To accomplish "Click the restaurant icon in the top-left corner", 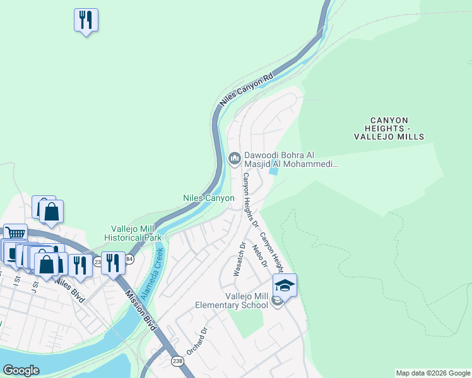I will [x=86, y=20].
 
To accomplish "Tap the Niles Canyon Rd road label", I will [x=246, y=88].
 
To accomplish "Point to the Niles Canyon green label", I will [x=208, y=198].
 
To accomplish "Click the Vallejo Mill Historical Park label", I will [x=136, y=233].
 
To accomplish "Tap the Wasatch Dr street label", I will [x=239, y=259].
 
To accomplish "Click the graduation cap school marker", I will [x=285, y=286].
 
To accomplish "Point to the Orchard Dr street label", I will [x=197, y=341].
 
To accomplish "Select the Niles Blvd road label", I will [x=69, y=289].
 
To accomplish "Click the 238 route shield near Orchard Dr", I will [x=178, y=360].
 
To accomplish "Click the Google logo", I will [x=21, y=370].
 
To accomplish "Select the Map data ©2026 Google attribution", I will [x=433, y=373].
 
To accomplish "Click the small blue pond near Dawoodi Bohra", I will [x=273, y=169].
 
